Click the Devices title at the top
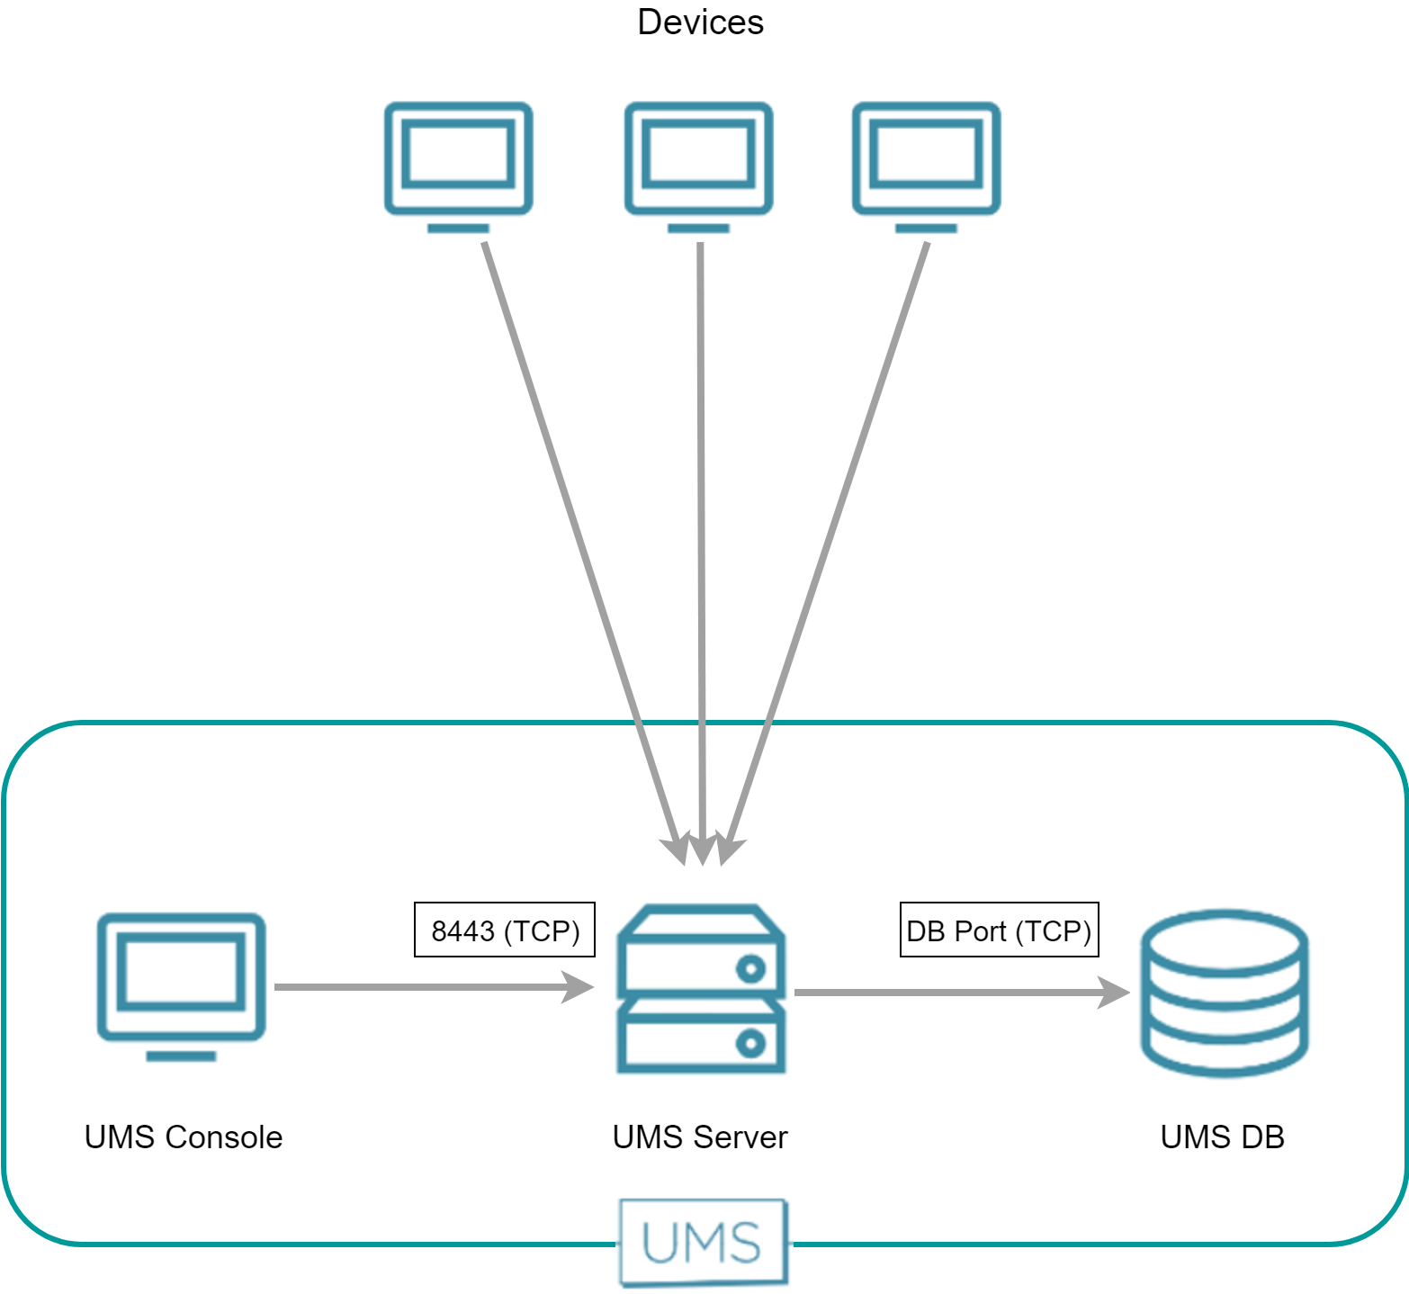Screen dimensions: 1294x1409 [700, 22]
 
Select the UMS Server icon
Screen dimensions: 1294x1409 [700, 990]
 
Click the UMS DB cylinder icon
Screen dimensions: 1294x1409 [1224, 993]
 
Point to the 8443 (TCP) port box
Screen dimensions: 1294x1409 [505, 930]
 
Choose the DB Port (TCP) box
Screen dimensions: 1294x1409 [999, 930]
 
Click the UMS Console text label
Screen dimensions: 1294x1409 [184, 1137]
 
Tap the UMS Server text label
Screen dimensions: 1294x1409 [700, 1137]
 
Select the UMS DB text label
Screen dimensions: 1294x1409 [1222, 1137]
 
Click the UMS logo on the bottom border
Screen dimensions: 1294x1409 [703, 1243]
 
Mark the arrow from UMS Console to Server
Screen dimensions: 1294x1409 [423, 987]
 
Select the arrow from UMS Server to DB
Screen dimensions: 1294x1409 [945, 993]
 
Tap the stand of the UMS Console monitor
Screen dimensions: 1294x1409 [181, 1056]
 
